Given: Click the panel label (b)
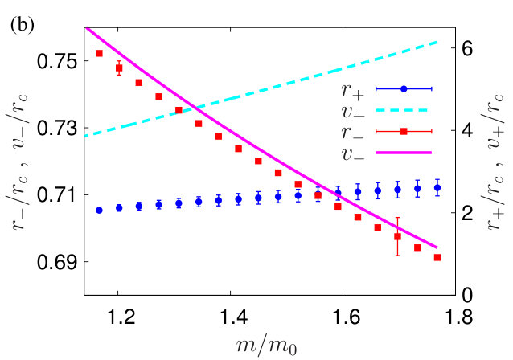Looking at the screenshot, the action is point(23,26).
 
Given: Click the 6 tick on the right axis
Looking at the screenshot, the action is point(466,48).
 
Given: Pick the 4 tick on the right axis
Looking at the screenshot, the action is point(466,131).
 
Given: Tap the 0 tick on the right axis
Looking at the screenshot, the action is point(466,295).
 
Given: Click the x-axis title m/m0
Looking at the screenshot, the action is point(266,346).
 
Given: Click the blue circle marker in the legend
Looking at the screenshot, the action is point(404,88).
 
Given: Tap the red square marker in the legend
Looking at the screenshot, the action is point(404,131).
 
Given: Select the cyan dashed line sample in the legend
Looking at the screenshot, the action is point(402,110).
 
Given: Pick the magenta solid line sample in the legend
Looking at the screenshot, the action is point(404,153).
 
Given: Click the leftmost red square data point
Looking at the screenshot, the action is point(99,53).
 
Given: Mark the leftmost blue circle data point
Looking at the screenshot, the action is point(99,211).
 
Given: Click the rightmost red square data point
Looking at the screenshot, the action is point(437,258).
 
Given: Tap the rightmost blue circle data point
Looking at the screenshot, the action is point(437,188).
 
